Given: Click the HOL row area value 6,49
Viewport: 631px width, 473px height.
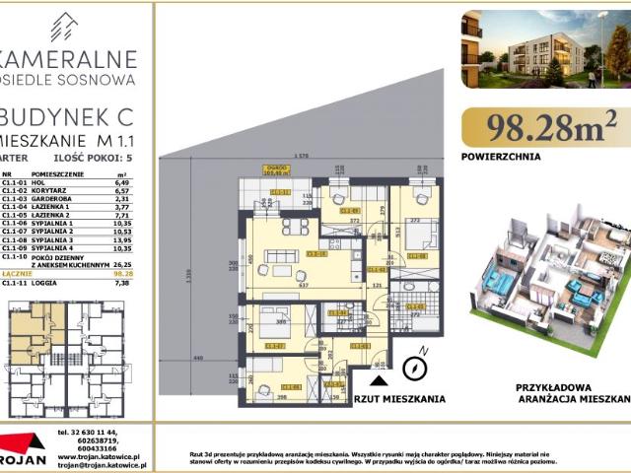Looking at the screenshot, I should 123,182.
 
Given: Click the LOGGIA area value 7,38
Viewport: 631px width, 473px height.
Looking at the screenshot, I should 123,284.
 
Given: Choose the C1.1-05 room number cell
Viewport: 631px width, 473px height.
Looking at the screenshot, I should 14,217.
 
